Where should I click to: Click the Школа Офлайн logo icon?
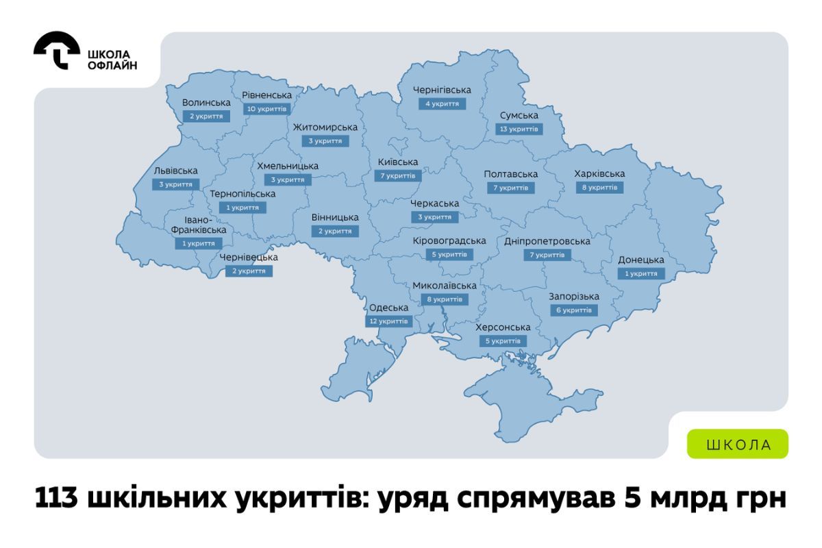pos(56,50)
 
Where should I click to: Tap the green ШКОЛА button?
pos(738,444)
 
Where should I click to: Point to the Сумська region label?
pos(519,115)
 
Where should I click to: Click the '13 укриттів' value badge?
pos(519,129)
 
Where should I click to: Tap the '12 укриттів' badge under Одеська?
pos(388,321)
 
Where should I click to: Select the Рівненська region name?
pos(267,95)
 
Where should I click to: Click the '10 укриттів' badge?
pos(267,109)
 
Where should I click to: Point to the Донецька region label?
pos(641,260)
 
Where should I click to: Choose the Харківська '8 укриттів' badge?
pos(599,187)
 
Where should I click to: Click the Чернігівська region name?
pos(443,90)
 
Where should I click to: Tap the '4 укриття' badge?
pos(443,103)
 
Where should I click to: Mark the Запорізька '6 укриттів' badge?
pos(574,310)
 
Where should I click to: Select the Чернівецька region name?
pos(249,257)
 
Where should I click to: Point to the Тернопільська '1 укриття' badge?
pos(242,207)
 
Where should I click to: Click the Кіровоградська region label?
pos(449,240)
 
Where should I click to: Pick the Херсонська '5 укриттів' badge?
pos(503,340)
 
